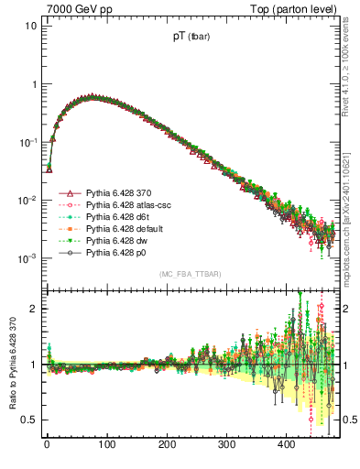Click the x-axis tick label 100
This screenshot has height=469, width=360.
(106, 445)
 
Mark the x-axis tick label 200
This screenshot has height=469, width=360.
(167, 445)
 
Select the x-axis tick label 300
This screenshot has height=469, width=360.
(226, 445)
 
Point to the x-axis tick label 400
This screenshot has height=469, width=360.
(287, 445)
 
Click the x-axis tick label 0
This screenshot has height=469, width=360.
(47, 445)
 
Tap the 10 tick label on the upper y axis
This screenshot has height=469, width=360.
(31, 26)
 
